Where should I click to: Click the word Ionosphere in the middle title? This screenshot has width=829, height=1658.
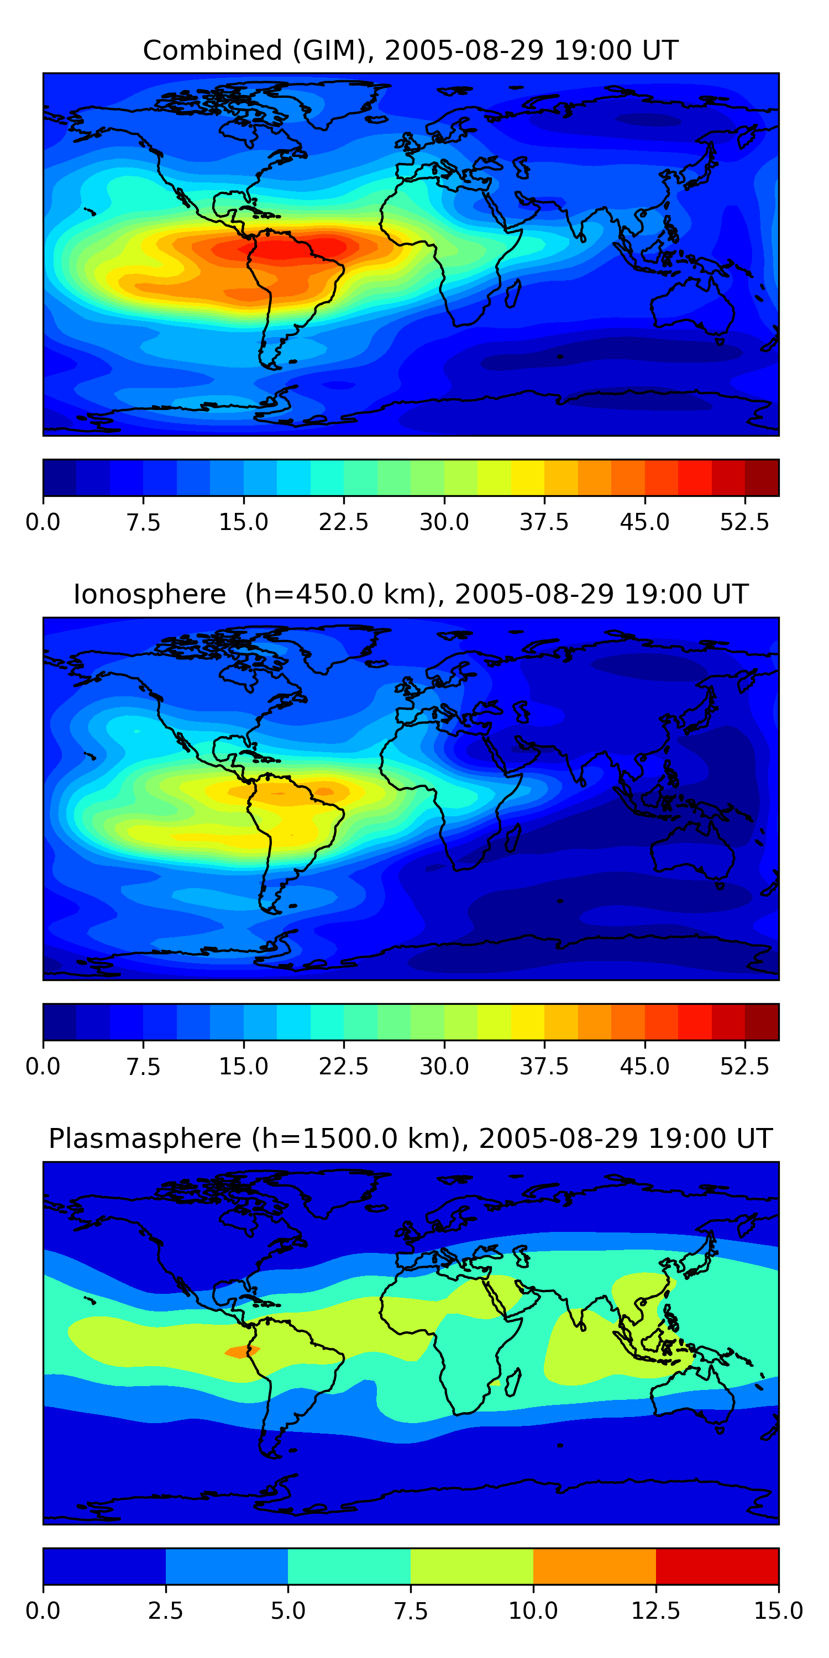pyautogui.click(x=149, y=594)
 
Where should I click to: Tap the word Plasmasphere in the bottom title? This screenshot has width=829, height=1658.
pyautogui.click(x=145, y=1138)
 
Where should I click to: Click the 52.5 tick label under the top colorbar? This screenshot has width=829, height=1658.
pyautogui.click(x=744, y=522)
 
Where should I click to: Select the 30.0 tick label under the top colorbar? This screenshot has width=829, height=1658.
pyautogui.click(x=444, y=522)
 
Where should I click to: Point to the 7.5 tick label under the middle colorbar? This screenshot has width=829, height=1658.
pyautogui.click(x=143, y=1067)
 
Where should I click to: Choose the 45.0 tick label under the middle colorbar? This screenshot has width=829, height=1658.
pyautogui.click(x=644, y=1067)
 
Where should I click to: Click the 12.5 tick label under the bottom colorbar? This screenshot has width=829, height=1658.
pyautogui.click(x=656, y=1611)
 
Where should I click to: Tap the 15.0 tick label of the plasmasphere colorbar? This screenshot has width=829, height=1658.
pyautogui.click(x=778, y=1611)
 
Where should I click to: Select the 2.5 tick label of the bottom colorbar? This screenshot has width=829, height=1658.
pyautogui.click(x=165, y=1611)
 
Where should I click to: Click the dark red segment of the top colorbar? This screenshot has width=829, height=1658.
pyautogui.click(x=762, y=478)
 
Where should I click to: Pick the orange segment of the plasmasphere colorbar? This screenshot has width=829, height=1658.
pyautogui.click(x=594, y=1566)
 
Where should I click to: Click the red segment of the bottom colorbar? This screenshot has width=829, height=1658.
pyautogui.click(x=717, y=1566)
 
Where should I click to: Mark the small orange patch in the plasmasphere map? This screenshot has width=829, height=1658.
pyautogui.click(x=242, y=1352)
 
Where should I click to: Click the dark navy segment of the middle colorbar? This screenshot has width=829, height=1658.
pyautogui.click(x=59, y=1021)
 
